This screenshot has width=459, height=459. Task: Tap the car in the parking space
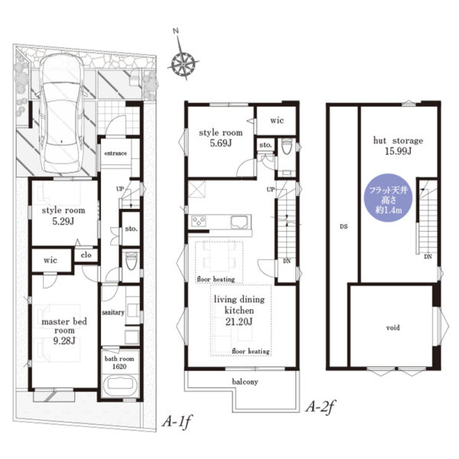pos(61,113)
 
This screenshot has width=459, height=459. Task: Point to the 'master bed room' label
pos(64,326)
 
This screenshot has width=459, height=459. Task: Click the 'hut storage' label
pos(398,141)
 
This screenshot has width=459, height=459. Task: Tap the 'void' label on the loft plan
pos(393,327)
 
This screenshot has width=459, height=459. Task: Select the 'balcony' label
pos(245,382)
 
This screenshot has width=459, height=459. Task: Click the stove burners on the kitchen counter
pos(199,221)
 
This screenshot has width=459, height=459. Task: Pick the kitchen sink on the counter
pos(241,223)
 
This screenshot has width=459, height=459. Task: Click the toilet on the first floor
pos(131,261)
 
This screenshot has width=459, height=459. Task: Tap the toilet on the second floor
pos(286,146)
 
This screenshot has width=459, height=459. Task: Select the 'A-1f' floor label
pos(177,422)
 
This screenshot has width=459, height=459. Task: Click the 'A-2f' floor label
pos(320,406)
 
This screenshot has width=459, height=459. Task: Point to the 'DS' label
pos(343,226)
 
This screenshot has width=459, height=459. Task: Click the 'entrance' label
pos(116,153)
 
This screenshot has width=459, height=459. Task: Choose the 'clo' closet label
pos(86,255)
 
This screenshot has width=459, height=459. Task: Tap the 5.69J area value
pos(221,144)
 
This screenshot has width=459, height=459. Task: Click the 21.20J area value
pos(239,322)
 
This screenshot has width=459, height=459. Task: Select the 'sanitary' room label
pos(113,313)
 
